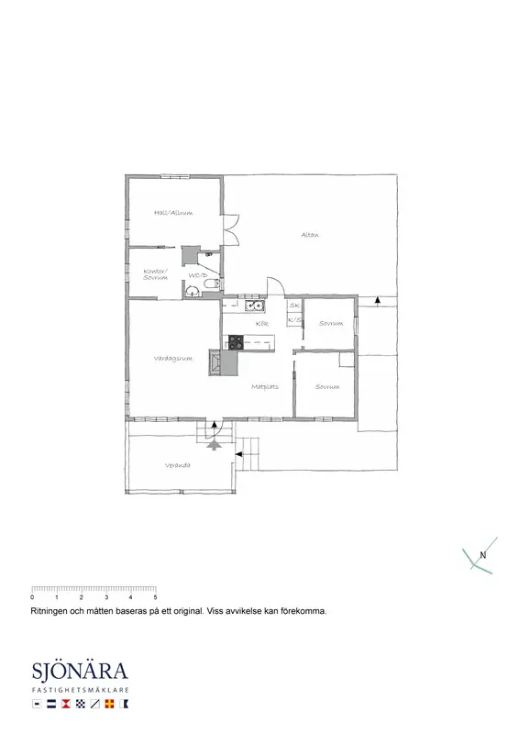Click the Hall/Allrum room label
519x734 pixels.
coord(173,213)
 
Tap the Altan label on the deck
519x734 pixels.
coord(309,236)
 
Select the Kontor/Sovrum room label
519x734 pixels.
coord(155,274)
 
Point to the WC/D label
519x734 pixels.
coord(197,275)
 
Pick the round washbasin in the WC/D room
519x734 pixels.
coord(193,292)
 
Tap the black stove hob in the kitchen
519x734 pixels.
coord(235,342)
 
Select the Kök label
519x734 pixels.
coord(261,325)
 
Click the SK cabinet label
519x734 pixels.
coord(294,306)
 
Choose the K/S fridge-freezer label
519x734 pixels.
coord(294,319)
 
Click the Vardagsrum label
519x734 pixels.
coord(172,358)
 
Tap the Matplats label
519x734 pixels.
coord(265,386)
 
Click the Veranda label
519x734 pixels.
coord(178,466)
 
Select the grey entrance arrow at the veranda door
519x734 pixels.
coord(215,444)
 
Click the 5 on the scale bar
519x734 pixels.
coord(155,597)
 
